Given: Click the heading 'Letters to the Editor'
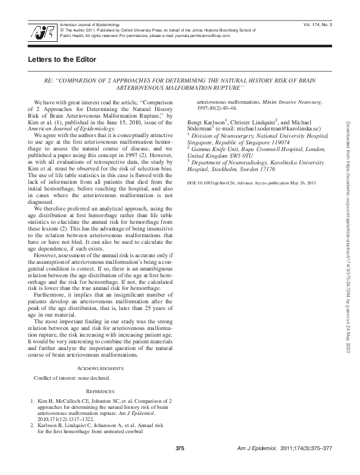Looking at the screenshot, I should (62, 59).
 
